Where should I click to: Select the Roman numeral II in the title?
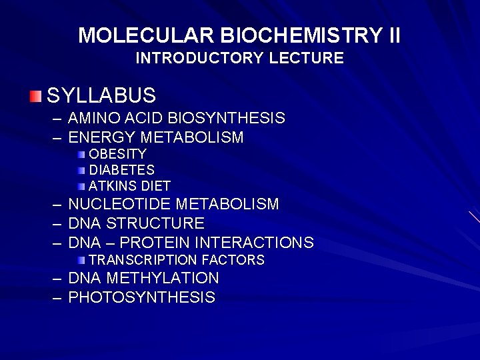pyautogui.click(x=394, y=35)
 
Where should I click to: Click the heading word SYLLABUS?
pyautogui.click(x=101, y=95)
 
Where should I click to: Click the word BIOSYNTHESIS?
pyautogui.click(x=227, y=119)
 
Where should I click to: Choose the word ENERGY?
pyautogui.click(x=102, y=137)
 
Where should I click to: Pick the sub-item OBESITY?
pyautogui.click(x=118, y=154)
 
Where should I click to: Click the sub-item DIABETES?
pyautogui.click(x=122, y=170)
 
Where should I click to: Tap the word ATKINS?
pyautogui.click(x=111, y=186)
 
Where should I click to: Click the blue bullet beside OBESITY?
pyautogui.click(x=81, y=154)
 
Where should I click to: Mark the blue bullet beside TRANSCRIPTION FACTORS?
pyautogui.click(x=81, y=259)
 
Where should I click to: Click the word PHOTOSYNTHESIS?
pyautogui.click(x=142, y=297)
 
